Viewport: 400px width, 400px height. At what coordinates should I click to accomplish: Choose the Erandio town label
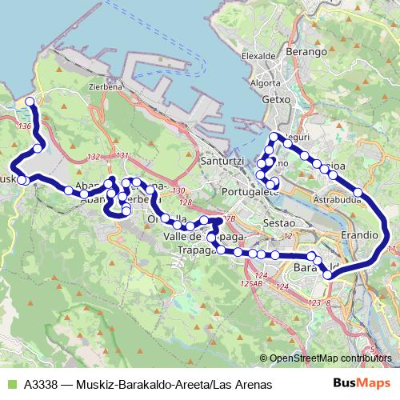coord(359,236)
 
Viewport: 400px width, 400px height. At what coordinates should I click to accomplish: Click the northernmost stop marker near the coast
coord(30,102)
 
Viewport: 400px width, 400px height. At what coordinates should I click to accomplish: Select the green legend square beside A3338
coord(10,385)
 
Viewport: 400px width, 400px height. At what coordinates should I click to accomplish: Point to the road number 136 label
coord(25,127)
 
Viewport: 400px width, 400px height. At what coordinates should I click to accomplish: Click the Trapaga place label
coord(195,250)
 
